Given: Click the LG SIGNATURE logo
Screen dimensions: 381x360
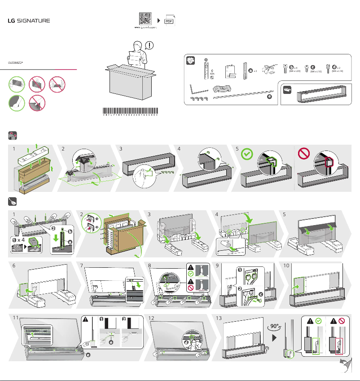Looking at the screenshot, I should pyautogui.click(x=28, y=21).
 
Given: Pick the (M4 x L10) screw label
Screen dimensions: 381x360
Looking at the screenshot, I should pyautogui.click(x=316, y=71).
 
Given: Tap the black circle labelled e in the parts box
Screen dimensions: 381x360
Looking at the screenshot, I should pyautogui.click(x=268, y=96).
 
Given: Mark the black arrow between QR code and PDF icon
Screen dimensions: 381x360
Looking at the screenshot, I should pyautogui.click(x=158, y=21).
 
